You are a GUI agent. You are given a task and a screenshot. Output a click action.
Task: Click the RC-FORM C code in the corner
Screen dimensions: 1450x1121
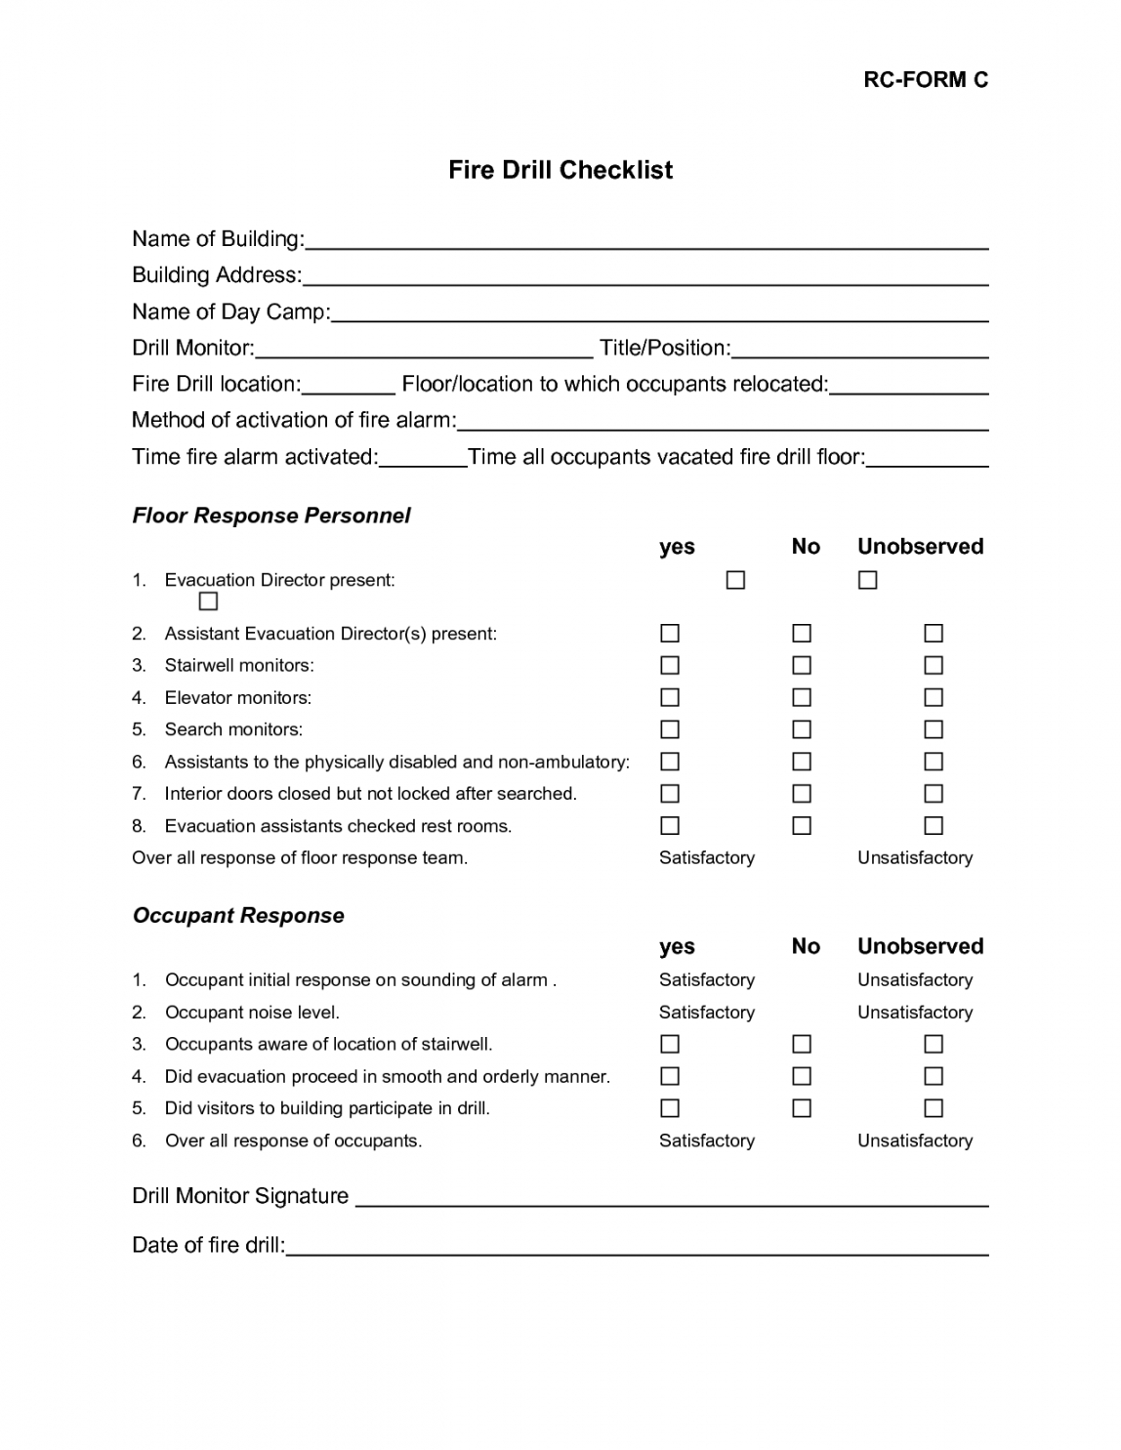(x=925, y=80)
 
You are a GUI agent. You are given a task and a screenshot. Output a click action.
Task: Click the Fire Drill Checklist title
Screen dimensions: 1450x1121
(x=560, y=170)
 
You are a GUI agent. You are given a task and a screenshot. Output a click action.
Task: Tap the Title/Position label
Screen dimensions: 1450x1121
(x=664, y=349)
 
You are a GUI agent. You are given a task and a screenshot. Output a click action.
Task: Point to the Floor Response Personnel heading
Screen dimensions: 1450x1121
(x=271, y=516)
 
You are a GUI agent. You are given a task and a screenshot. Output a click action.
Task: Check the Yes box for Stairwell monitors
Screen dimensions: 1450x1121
(x=670, y=666)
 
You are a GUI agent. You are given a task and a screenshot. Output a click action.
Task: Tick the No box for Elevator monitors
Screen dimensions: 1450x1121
(x=802, y=698)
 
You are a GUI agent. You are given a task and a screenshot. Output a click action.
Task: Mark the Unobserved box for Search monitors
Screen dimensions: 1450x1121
(x=934, y=729)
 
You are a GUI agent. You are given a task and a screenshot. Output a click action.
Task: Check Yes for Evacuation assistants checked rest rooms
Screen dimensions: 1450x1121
(x=670, y=826)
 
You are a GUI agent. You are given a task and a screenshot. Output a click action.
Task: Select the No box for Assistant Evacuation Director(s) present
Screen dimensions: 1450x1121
(x=802, y=634)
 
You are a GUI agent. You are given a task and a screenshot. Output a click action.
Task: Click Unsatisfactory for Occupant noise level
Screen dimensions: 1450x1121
(x=915, y=1013)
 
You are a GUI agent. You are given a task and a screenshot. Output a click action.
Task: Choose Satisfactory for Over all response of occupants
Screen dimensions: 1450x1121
(x=707, y=1140)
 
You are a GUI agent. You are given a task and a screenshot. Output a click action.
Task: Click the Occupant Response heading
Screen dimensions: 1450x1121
(x=238, y=916)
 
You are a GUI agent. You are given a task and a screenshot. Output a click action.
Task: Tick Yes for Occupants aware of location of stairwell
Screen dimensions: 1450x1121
(x=670, y=1045)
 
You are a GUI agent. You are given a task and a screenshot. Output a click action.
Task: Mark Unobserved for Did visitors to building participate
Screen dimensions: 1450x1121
(x=934, y=1108)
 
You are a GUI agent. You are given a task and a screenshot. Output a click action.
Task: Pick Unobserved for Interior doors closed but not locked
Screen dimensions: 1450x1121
(x=934, y=794)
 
